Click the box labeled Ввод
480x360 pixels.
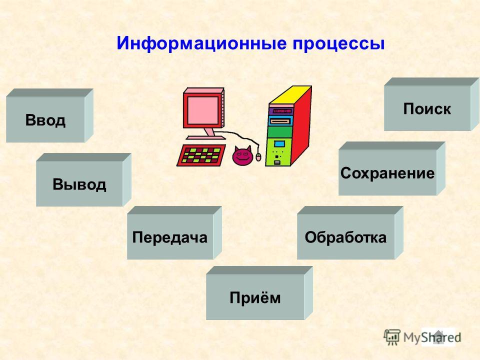point(49,115)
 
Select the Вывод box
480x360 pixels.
point(83,180)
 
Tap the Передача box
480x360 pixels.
point(174,233)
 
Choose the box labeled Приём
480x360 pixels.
point(259,293)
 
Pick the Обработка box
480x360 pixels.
point(350,233)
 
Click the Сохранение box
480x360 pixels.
point(392,168)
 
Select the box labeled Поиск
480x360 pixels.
point(431,104)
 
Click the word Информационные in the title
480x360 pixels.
point(201,43)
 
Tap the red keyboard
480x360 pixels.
point(201,155)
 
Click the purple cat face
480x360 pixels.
point(242,155)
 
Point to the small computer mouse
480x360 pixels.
point(258,156)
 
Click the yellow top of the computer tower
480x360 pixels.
point(290,95)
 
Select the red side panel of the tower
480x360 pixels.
point(301,125)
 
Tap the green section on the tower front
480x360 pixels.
point(279,132)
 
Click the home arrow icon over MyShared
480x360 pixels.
point(438,336)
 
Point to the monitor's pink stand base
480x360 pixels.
point(205,137)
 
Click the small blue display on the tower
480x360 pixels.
point(279,144)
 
